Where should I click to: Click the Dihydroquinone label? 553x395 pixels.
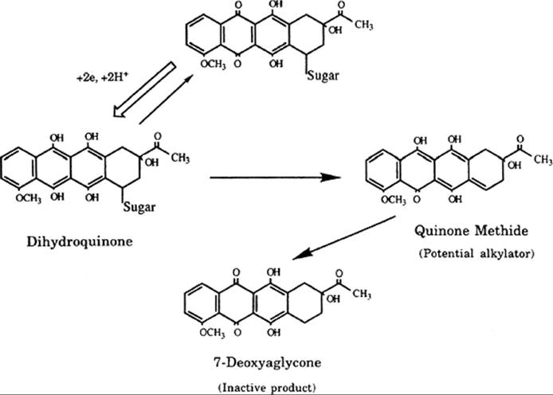click(80, 242)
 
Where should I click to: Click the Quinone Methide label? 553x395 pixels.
click(471, 231)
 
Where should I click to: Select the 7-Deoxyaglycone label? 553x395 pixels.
click(267, 362)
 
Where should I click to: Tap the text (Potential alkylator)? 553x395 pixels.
click(477, 253)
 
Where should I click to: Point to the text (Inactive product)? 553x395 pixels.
click(267, 388)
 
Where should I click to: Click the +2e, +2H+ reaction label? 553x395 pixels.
click(101, 78)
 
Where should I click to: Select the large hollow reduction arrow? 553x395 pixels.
click(144, 89)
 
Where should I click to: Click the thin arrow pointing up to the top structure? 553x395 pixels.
click(166, 99)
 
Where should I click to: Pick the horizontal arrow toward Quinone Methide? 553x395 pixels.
click(276, 178)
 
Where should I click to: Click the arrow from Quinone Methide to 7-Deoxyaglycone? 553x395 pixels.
click(344, 238)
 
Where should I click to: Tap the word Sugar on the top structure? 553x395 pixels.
click(323, 76)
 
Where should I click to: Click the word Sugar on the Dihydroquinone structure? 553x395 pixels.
click(139, 207)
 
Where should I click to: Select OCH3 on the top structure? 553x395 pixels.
click(213, 65)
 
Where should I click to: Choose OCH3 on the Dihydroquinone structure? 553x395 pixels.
click(28, 198)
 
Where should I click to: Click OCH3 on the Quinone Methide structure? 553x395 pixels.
click(394, 200)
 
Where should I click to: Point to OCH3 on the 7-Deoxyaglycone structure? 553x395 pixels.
click(212, 333)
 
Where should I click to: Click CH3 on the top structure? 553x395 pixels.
click(364, 25)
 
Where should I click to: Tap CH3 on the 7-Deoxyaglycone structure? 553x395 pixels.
click(362, 294)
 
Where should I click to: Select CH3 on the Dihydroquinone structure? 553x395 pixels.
click(181, 158)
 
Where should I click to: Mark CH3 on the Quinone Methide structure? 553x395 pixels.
click(543, 159)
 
